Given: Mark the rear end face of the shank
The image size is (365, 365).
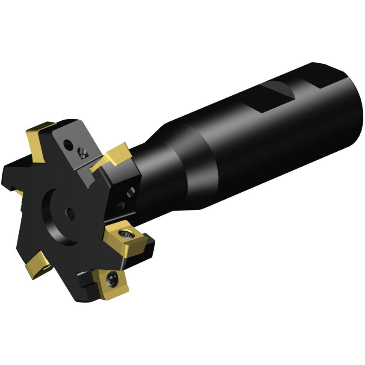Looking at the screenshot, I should [350, 103].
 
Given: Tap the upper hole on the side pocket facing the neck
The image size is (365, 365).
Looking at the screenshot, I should [130, 190].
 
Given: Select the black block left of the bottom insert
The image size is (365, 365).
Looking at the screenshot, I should [88, 280].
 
